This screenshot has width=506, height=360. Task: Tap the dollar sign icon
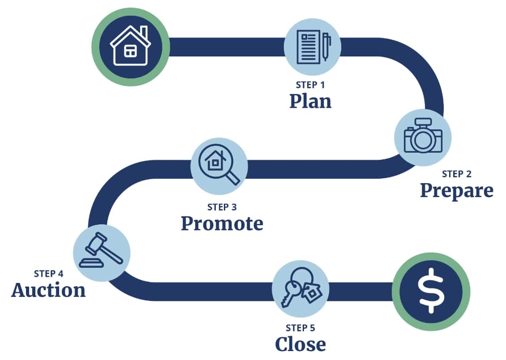pyautogui.click(x=431, y=291)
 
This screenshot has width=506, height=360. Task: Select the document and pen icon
pyautogui.click(x=313, y=47)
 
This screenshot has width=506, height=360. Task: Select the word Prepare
pyautogui.click(x=457, y=191)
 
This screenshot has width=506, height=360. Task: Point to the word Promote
pyautogui.click(x=222, y=223)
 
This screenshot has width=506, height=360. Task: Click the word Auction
pyautogui.click(x=48, y=290)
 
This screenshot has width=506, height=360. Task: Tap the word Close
pyautogui.click(x=300, y=344)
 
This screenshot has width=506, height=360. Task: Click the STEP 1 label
pyautogui.click(x=310, y=85)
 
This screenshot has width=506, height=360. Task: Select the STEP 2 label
pyautogui.click(x=457, y=174)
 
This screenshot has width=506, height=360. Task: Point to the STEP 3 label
pyautogui.click(x=222, y=207)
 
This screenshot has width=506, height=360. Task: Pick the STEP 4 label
pyautogui.click(x=48, y=274)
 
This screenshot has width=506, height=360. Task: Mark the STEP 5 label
pyautogui.click(x=300, y=328)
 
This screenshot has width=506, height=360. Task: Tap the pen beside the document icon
pyautogui.click(x=326, y=47)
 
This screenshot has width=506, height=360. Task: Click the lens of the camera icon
pyautogui.click(x=423, y=140)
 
